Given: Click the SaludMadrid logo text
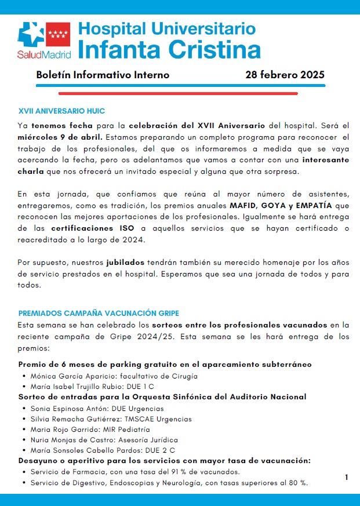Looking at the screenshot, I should tap(44, 54).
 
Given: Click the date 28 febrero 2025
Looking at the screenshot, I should tap(285, 75).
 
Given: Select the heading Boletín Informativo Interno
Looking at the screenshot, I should tap(103, 75).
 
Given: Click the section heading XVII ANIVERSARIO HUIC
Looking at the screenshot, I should tap(61, 111).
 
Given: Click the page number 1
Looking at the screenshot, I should tap(346, 477).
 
